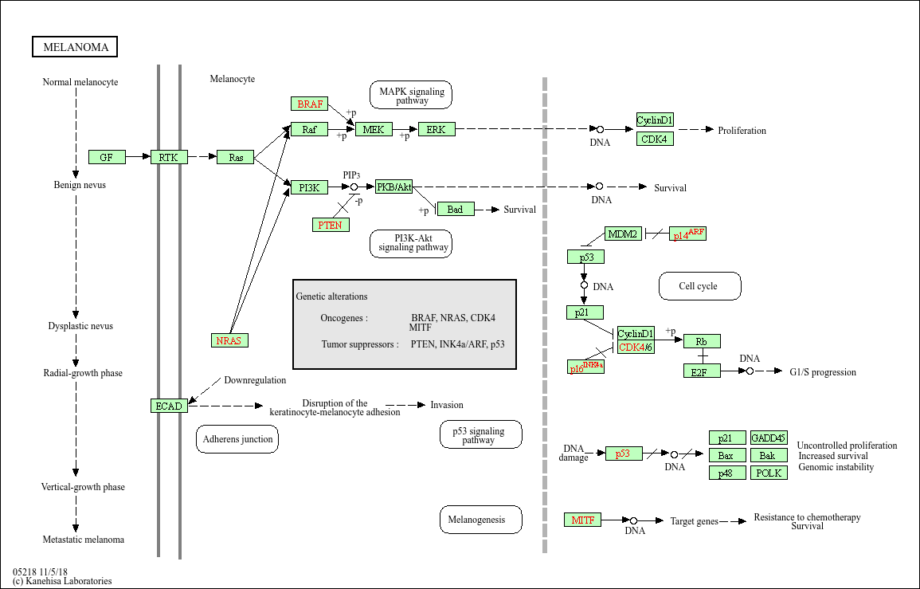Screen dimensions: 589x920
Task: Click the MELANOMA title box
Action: point(76,47)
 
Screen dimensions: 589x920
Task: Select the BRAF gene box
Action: point(310,104)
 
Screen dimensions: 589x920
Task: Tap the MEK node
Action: point(374,129)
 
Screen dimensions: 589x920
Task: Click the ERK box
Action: point(436,129)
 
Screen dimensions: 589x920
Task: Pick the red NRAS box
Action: point(229,340)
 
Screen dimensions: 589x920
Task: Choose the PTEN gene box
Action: point(330,225)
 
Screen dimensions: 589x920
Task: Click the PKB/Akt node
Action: point(393,187)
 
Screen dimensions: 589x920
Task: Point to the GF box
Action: point(107,157)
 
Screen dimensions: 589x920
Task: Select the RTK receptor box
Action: point(168,157)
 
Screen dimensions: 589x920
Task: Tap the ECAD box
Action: point(169,406)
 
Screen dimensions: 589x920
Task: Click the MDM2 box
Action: point(623,234)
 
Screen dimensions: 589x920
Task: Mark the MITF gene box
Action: point(582,520)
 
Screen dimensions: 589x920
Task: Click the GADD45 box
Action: point(769,438)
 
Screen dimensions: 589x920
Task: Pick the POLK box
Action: point(769,473)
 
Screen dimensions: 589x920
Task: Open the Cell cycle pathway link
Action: point(699,286)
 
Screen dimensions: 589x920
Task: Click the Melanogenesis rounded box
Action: point(480,520)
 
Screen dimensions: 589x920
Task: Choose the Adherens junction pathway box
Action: point(237,439)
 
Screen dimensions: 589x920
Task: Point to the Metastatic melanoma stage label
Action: point(84,540)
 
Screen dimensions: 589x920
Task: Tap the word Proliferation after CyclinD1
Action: point(742,130)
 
